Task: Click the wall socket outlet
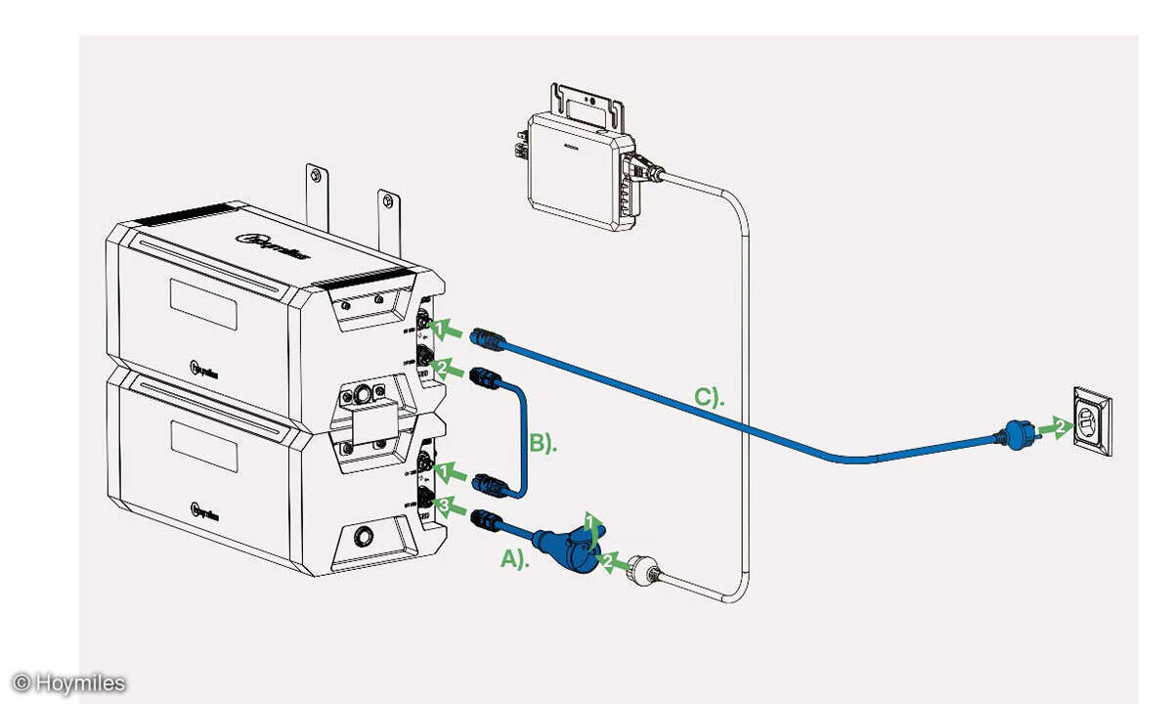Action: click(x=1091, y=422)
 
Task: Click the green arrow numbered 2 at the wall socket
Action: click(x=1054, y=427)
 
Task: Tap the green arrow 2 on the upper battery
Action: click(x=445, y=369)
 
